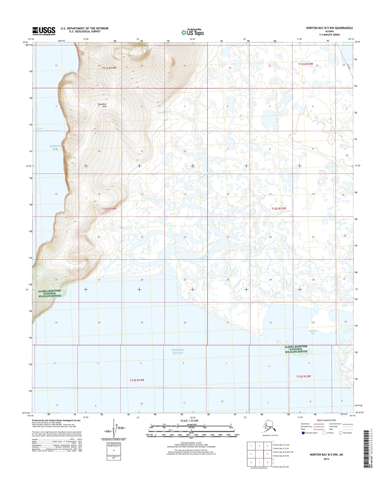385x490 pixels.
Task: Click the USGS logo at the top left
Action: click(x=44, y=31)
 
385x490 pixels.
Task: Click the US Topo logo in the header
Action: click(x=192, y=32)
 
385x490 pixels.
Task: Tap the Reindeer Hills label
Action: click(x=102, y=105)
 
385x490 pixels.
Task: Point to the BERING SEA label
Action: click(x=55, y=148)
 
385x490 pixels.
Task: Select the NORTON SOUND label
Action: click(x=178, y=351)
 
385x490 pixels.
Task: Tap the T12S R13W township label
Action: click(x=278, y=209)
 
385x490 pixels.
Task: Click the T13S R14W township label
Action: click(x=137, y=380)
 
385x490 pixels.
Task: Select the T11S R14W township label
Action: click(x=109, y=68)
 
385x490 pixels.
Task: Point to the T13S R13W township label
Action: click(x=303, y=376)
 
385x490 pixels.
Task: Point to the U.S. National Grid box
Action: click(x=114, y=451)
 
